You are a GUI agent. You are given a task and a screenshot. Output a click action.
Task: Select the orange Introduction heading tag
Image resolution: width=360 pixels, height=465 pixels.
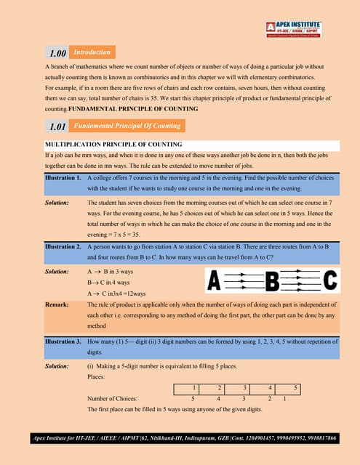(92, 52)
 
